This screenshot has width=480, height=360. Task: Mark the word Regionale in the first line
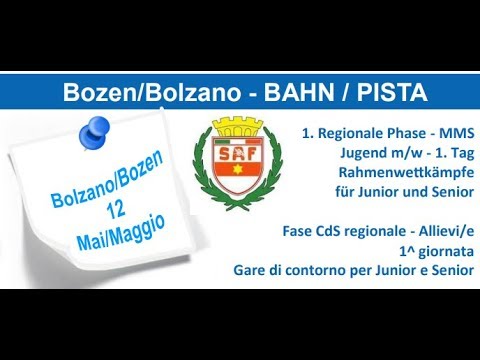(x=348, y=133)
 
